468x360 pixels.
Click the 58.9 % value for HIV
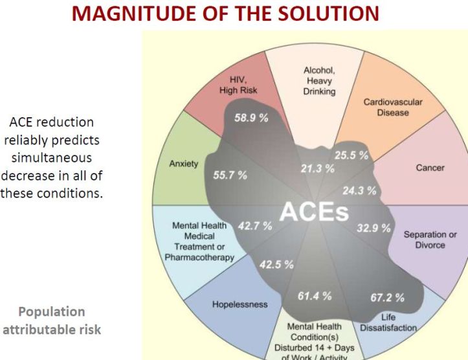[251, 118]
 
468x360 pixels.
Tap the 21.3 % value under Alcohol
[318, 168]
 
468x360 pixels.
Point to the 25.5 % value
[351, 155]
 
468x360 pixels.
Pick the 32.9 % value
[374, 228]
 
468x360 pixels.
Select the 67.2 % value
[388, 297]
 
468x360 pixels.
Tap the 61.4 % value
[315, 296]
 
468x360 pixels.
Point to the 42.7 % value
[255, 226]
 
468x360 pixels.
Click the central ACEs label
[314, 212]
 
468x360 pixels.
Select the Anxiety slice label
[184, 164]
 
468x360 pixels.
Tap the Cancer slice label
[430, 168]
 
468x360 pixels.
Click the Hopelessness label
[240, 304]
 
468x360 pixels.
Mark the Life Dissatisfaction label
[388, 322]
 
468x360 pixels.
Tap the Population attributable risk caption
[52, 321]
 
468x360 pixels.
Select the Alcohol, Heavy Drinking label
[319, 81]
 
